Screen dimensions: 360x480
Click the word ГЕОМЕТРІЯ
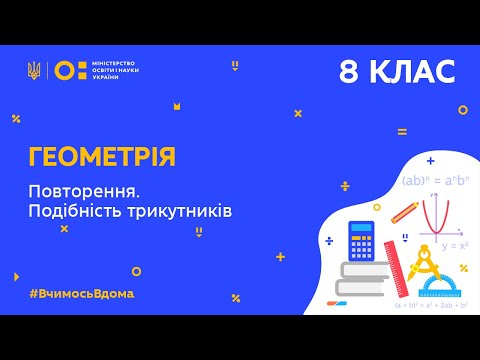coord(101,156)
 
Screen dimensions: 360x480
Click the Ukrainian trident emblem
coord(34,70)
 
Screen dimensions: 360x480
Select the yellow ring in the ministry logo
coord(63,70)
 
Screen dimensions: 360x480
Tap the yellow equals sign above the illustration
coord(402,131)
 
